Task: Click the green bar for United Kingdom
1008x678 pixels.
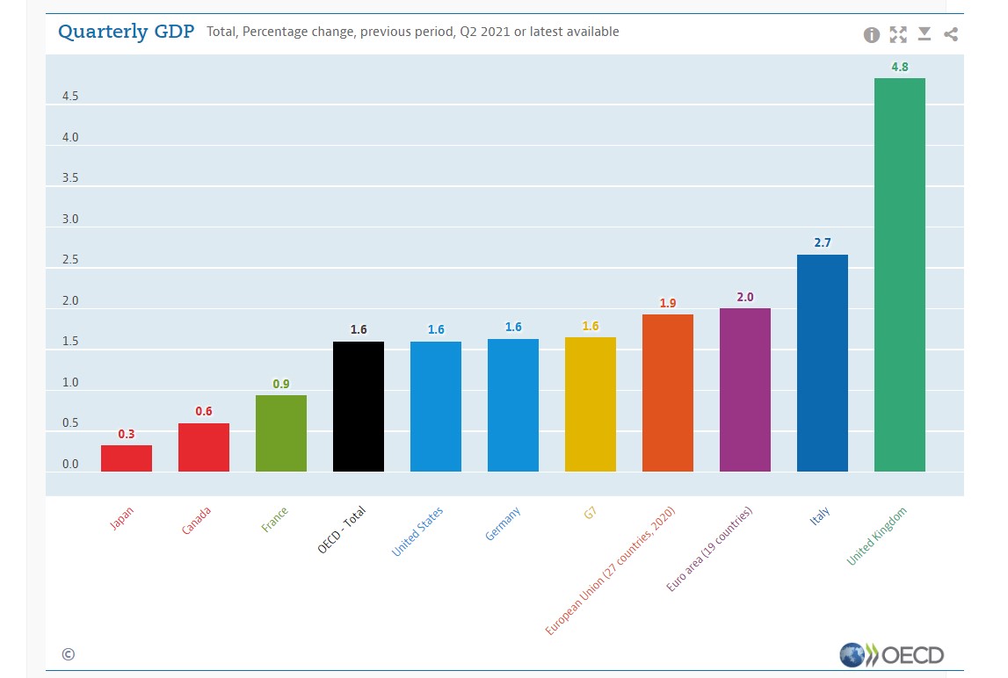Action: tap(899, 274)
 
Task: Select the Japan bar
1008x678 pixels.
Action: tap(127, 458)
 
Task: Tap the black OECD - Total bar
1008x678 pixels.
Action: tap(359, 407)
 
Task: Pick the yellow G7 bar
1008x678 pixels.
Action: tap(591, 404)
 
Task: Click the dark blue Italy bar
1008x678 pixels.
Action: tap(823, 363)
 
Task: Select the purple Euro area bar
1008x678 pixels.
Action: tap(745, 390)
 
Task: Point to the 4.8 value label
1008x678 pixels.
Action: tap(900, 67)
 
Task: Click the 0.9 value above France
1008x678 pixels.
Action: tap(281, 384)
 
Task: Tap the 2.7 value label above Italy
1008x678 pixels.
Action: tap(823, 242)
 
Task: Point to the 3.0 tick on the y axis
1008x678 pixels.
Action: tap(70, 220)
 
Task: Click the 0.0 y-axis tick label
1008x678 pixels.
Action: tap(70, 465)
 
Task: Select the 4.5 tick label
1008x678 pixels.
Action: tap(70, 97)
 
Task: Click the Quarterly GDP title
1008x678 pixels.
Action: tap(126, 32)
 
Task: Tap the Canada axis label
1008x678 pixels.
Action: tap(196, 521)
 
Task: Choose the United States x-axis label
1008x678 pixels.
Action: tap(417, 531)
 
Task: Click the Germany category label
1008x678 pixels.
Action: tap(503, 523)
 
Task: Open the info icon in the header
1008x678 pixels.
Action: tap(872, 35)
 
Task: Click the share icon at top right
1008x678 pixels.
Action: tap(951, 35)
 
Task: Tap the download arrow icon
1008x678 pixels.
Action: tap(925, 34)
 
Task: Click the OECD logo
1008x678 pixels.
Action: tap(891, 655)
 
